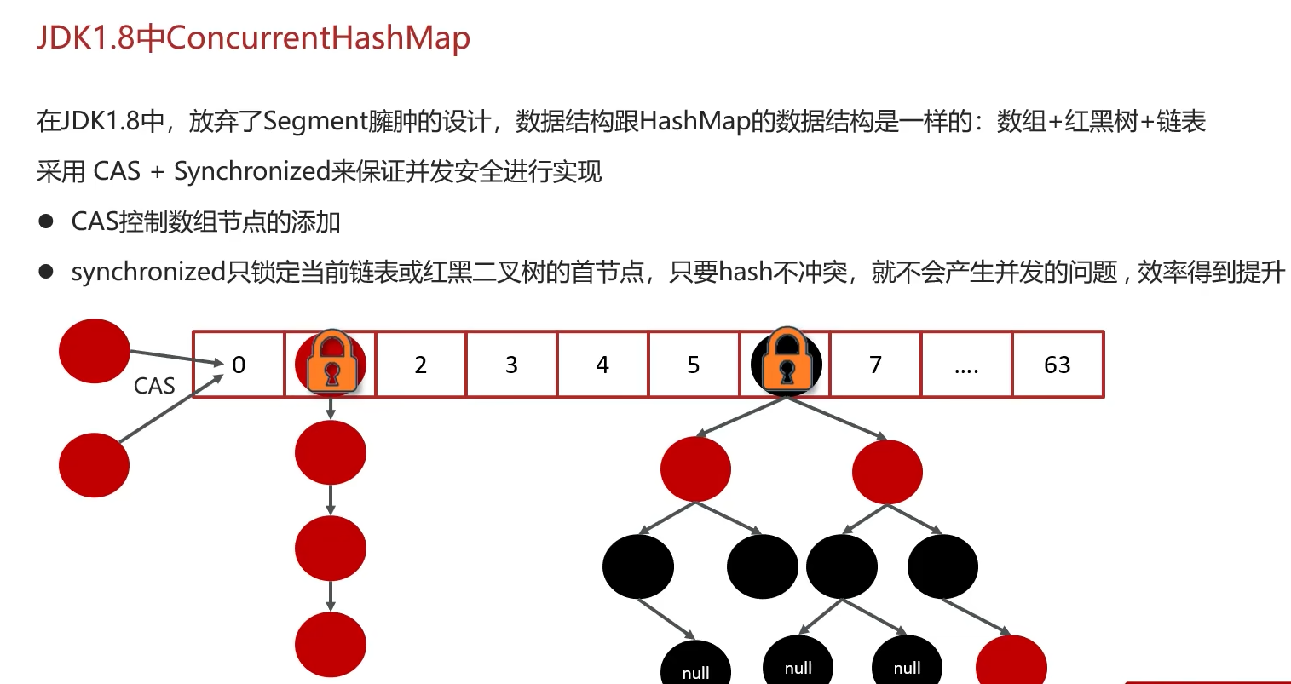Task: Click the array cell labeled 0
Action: (239, 365)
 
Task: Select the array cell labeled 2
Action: (420, 365)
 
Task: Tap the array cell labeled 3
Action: (511, 365)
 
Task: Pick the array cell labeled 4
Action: (602, 365)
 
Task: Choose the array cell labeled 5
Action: (694, 365)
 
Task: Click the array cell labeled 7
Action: (875, 365)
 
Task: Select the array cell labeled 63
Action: (1058, 365)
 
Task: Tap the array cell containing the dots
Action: (966, 365)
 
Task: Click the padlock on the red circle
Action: (331, 362)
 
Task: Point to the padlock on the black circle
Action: (787, 360)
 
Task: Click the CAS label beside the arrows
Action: (154, 386)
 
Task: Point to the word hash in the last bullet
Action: (746, 272)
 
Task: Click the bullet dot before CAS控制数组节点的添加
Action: (46, 221)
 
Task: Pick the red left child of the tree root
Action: (695, 468)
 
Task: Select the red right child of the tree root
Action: (887, 471)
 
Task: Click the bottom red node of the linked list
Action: (331, 645)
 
